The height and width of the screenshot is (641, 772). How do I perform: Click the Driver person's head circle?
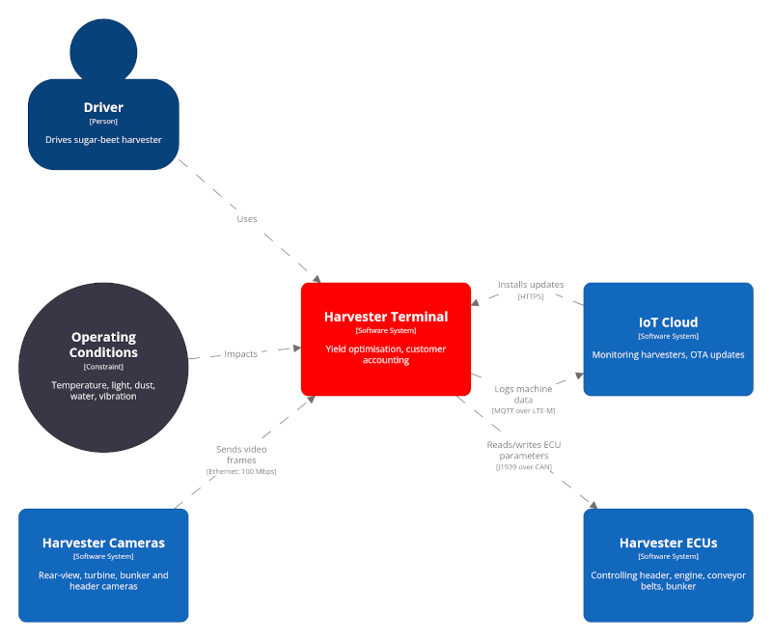point(103,49)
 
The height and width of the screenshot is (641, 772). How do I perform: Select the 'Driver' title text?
point(103,107)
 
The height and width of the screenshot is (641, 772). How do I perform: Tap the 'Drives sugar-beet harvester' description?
point(103,139)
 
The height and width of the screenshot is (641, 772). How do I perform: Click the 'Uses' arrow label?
point(247,219)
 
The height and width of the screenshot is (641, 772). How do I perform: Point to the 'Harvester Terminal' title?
point(385,317)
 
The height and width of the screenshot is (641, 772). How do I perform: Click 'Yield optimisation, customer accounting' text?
point(385,353)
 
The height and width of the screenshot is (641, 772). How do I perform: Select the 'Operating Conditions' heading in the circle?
point(103,345)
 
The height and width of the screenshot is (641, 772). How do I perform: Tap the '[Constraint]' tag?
point(103,367)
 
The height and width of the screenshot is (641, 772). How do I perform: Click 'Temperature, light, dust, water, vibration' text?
point(103,390)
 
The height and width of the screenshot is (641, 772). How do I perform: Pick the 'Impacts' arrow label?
point(241,354)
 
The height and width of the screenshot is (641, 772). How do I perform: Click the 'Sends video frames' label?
point(241,455)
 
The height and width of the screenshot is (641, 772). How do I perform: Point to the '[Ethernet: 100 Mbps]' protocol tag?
point(241,471)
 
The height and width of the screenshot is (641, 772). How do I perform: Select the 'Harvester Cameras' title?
point(103,543)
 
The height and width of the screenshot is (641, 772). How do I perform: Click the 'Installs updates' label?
point(531,285)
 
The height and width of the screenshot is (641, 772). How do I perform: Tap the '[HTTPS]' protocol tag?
point(531,296)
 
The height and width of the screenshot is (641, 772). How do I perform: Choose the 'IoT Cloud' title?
point(668,322)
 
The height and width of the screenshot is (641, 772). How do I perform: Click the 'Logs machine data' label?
point(523,394)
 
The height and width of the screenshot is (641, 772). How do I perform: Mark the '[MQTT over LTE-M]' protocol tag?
point(523,410)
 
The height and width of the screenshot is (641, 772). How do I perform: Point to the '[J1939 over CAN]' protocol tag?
point(523,466)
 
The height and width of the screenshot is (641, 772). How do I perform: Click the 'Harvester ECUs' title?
point(668,543)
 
